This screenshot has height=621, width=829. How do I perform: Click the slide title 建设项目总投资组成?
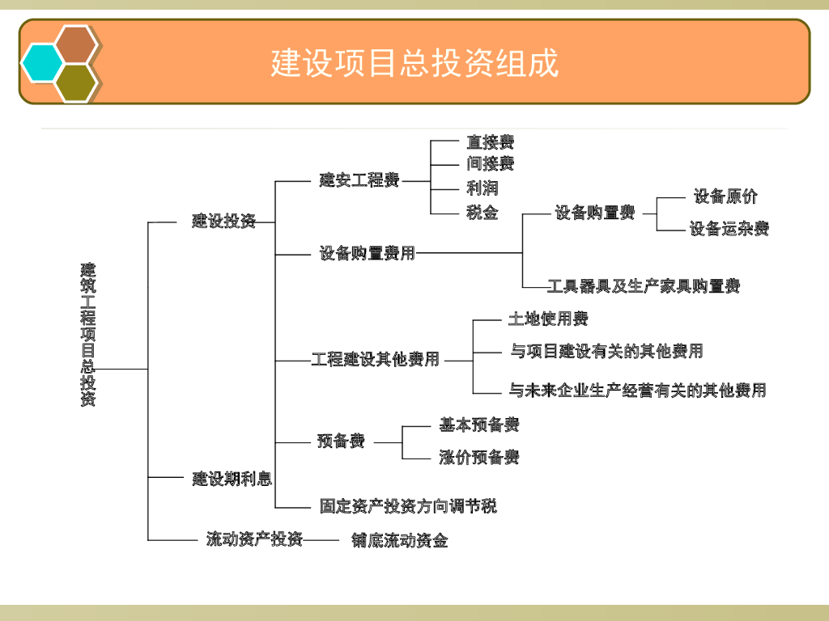pyautogui.click(x=414, y=63)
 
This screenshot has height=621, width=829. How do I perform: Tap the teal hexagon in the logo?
pyautogui.click(x=42, y=62)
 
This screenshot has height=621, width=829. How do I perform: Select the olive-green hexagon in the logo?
pyautogui.click(x=76, y=82)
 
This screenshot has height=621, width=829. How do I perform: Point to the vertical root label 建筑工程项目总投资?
pyautogui.click(x=87, y=334)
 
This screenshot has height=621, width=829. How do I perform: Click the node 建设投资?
pyautogui.click(x=223, y=221)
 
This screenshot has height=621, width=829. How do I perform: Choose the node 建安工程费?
pyautogui.click(x=359, y=180)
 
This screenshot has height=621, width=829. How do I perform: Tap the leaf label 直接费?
pyautogui.click(x=490, y=142)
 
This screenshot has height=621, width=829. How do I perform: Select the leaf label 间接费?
pyautogui.click(x=490, y=164)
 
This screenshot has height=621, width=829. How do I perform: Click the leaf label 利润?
pyautogui.click(x=482, y=188)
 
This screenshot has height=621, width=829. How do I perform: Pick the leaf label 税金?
pyautogui.click(x=482, y=213)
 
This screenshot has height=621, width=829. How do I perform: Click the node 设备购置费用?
pyautogui.click(x=368, y=253)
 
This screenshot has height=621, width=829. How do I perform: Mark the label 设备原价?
pyautogui.click(x=725, y=196)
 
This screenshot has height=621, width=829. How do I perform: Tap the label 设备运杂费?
pyautogui.click(x=729, y=229)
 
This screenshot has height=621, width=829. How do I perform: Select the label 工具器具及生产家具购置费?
pyautogui.click(x=644, y=285)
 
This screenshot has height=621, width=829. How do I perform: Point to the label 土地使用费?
pyautogui.click(x=548, y=319)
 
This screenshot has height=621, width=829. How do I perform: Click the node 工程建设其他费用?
pyautogui.click(x=376, y=359)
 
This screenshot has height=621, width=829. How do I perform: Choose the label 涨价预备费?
pyautogui.click(x=479, y=457)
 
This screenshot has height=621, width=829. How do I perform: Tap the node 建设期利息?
pyautogui.click(x=232, y=479)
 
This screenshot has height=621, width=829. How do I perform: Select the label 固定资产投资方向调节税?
pyautogui.click(x=408, y=506)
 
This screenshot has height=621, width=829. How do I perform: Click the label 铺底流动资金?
pyautogui.click(x=399, y=540)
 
